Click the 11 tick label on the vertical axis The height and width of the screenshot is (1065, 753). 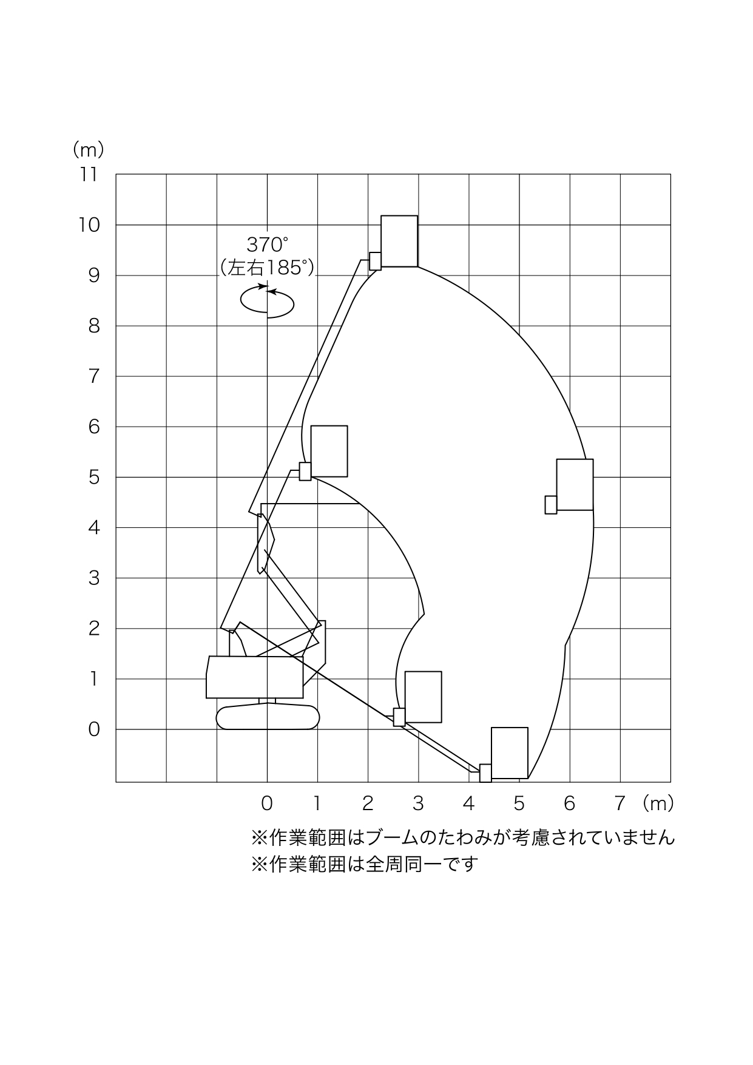(88, 175)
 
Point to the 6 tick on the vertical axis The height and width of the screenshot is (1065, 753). (93, 427)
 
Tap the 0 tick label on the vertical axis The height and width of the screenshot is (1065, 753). (93, 729)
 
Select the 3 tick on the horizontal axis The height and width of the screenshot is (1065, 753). (418, 803)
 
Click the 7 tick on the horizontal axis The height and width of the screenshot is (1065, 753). (620, 803)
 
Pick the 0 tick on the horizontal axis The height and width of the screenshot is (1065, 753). (267, 803)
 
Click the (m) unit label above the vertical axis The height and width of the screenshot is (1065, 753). (88, 149)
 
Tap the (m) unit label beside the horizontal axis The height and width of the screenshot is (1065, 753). (658, 803)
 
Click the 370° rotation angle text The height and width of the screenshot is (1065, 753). (268, 245)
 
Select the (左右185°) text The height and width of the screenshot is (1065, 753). (268, 268)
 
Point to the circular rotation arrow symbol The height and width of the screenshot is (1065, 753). (267, 301)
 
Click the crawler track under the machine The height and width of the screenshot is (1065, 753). (268, 717)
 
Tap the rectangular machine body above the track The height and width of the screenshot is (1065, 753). (255, 677)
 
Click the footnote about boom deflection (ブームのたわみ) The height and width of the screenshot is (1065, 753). (463, 838)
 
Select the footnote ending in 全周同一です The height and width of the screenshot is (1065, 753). (365, 864)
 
